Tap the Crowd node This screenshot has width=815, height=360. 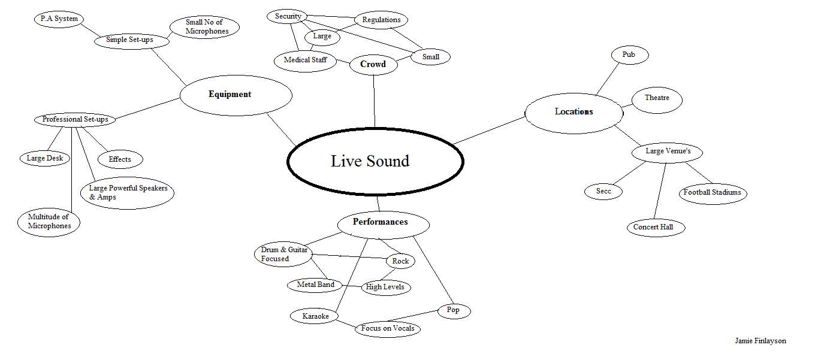click(x=373, y=65)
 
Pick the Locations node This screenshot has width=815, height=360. click(x=573, y=112)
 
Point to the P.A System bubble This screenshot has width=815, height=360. click(x=59, y=19)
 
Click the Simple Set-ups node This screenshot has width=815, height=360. click(x=129, y=40)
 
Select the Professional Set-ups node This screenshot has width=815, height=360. click(x=75, y=120)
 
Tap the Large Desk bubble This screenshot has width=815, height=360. click(x=46, y=159)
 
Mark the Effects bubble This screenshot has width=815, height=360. click(x=120, y=159)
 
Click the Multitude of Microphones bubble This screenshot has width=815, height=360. click(x=50, y=222)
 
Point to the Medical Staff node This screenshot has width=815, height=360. click(x=306, y=60)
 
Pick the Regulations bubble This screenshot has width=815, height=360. click(x=381, y=20)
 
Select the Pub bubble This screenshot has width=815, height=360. click(x=629, y=55)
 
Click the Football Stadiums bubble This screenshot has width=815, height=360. click(x=713, y=193)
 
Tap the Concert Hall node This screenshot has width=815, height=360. click(x=654, y=228)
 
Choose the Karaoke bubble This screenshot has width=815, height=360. click(x=315, y=317)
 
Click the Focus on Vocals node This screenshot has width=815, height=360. click(x=387, y=329)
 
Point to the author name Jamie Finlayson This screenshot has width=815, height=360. click(x=760, y=341)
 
